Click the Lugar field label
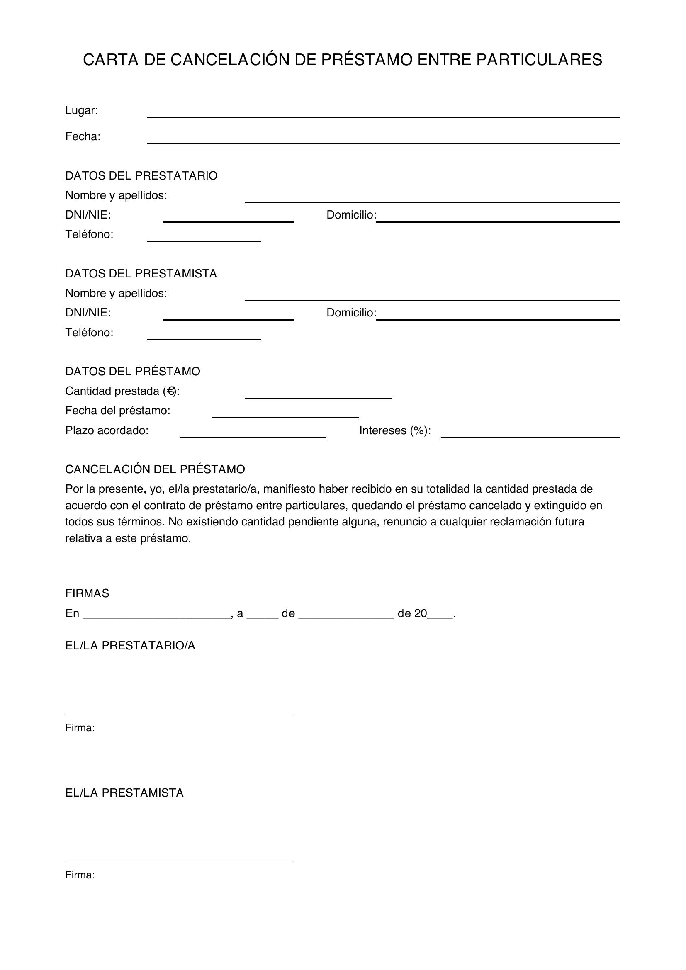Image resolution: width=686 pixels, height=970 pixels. tap(82, 110)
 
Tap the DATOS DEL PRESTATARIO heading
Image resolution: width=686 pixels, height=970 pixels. tap(141, 176)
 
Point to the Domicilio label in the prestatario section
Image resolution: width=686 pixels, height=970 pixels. tap(350, 215)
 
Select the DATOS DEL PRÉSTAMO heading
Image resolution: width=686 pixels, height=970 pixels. tap(133, 371)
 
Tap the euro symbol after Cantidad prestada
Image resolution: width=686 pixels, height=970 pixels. tap(170, 391)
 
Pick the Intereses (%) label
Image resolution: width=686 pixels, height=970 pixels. tap(395, 430)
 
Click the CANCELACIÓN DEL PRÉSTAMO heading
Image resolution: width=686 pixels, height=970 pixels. tap(155, 469)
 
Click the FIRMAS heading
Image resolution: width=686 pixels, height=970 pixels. tap(87, 593)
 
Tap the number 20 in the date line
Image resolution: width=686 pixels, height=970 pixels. tap(421, 613)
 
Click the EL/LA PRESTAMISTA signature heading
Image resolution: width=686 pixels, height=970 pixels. tap(124, 793)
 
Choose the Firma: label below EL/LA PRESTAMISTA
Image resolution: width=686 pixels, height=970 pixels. tap(80, 875)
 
